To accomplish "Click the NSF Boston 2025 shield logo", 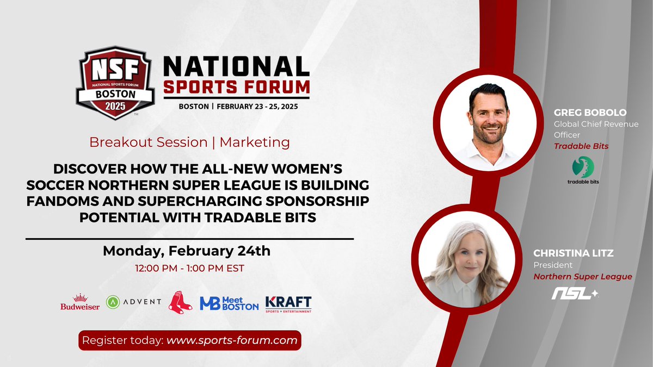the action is click(115, 83).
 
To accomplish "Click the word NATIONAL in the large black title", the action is click(236, 66).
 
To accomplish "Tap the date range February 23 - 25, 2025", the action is click(257, 107).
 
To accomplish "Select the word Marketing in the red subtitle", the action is click(255, 142).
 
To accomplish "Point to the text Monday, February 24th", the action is click(187, 251).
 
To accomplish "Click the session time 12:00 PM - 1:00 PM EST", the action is click(189, 268).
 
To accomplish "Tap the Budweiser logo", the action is click(80, 302).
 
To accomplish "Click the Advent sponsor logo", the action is click(133, 302).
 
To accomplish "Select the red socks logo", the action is click(180, 302).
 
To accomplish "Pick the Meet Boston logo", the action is click(229, 303).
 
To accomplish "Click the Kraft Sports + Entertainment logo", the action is click(288, 304).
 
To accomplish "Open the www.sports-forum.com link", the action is click(232, 340).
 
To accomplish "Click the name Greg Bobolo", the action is click(590, 113).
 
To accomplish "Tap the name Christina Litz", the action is click(574, 253).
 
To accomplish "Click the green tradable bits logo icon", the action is click(583, 167).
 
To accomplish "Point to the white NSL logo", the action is click(575, 294).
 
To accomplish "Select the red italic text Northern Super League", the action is click(583, 276).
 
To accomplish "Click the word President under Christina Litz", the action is click(553, 265).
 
